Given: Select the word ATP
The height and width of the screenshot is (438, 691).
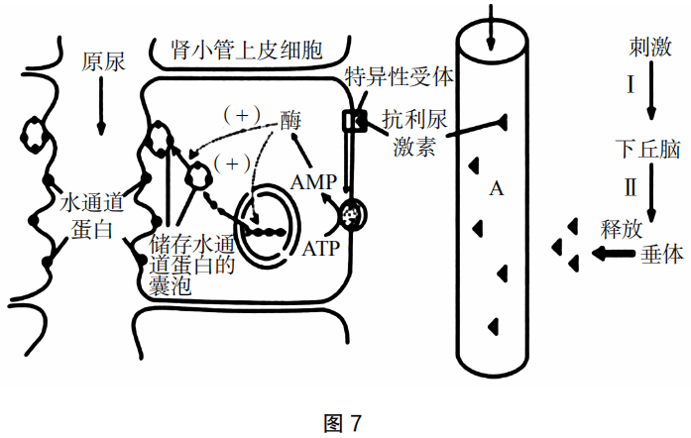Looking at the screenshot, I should [321, 247].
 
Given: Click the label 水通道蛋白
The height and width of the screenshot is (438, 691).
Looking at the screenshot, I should [90, 215].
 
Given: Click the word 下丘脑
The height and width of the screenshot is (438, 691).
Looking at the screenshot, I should [645, 151].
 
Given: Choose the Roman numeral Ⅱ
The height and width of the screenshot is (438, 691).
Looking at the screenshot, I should [631, 187].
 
